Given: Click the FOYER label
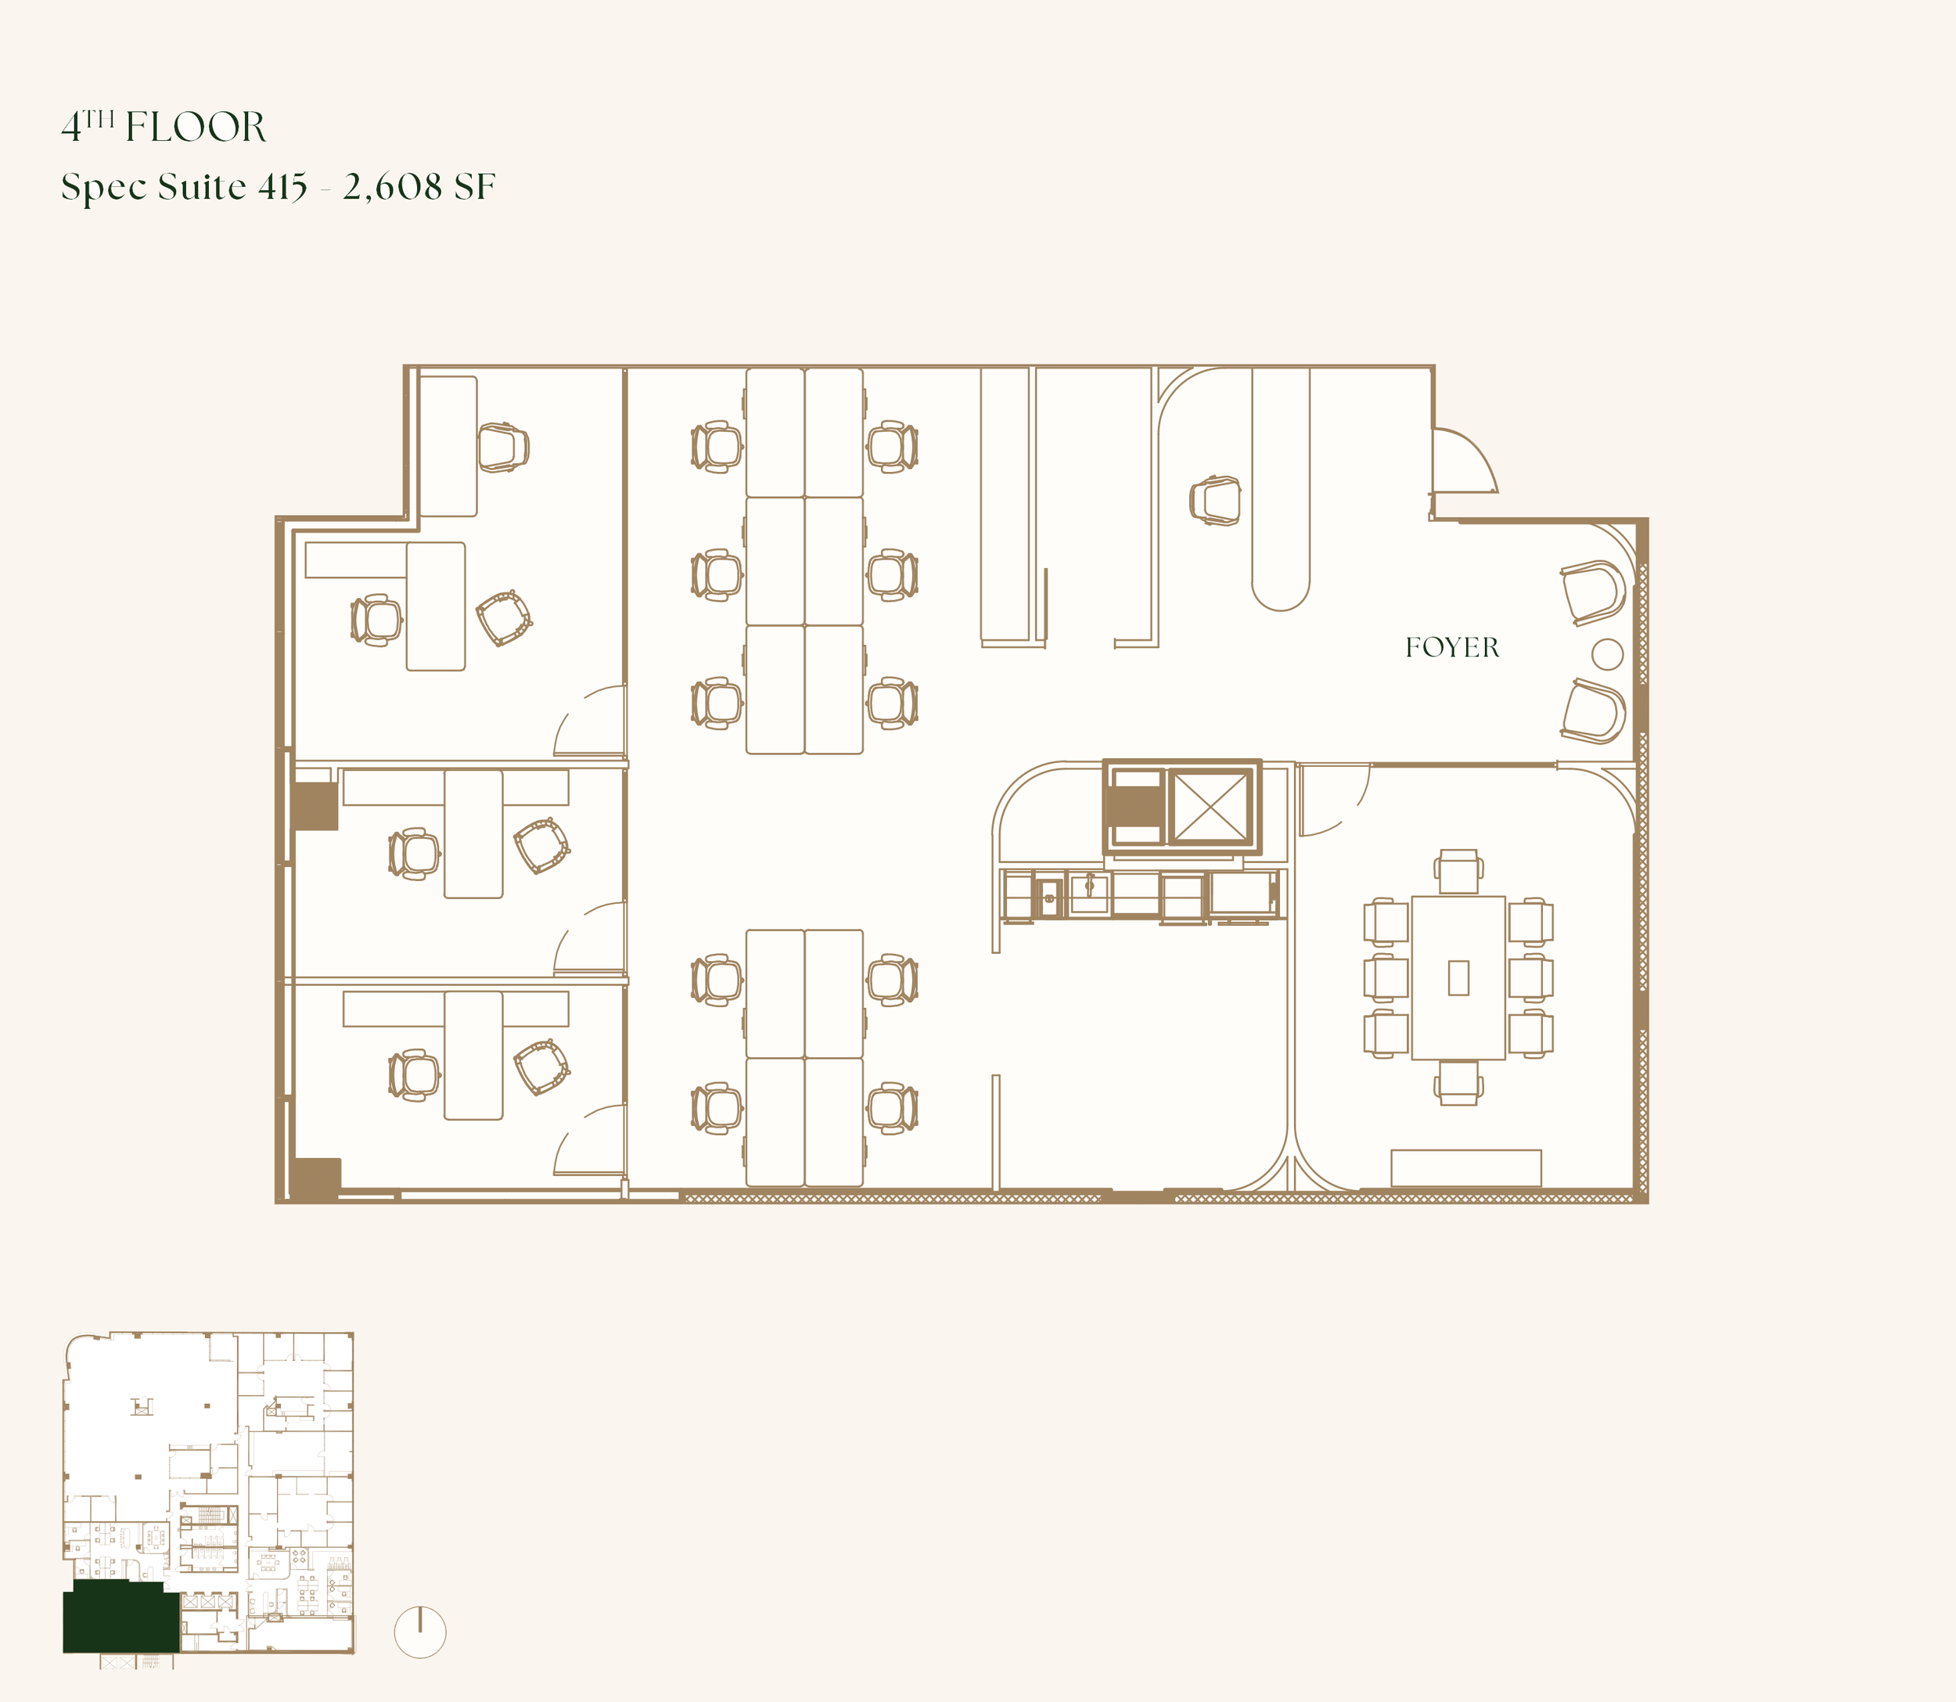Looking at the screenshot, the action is (x=1452, y=648).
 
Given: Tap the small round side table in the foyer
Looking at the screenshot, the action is (x=1606, y=654).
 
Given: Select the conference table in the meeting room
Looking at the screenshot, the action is (x=1458, y=977).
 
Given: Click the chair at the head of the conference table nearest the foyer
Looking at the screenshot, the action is (x=1458, y=871).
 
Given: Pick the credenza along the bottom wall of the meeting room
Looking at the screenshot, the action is (x=1466, y=1168).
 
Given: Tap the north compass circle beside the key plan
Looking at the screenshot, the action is (x=419, y=1632).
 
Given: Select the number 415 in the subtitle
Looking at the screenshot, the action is (x=283, y=187).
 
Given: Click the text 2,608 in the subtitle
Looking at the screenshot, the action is (x=393, y=187).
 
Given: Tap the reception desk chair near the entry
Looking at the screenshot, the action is (x=1215, y=499).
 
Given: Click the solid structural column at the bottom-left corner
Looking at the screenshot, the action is (x=315, y=1178).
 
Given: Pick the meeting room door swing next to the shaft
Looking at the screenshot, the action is (x=1334, y=800).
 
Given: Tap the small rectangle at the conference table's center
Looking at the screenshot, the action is (x=1458, y=978).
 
